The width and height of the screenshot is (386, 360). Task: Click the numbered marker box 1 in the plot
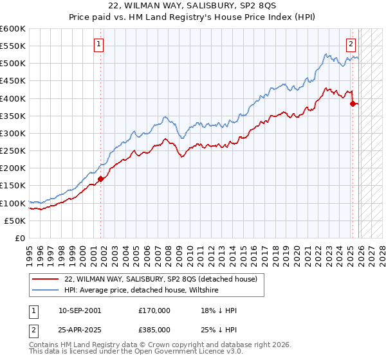[99, 44]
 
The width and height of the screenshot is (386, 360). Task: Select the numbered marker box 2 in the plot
[351, 44]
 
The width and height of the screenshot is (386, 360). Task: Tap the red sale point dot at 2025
[353, 104]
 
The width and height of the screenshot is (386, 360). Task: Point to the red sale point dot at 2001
[101, 179]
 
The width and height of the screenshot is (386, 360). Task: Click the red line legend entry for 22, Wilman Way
[161, 278]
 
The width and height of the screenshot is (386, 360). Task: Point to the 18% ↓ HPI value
[219, 310]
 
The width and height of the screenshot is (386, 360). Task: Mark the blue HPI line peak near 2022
[327, 54]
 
